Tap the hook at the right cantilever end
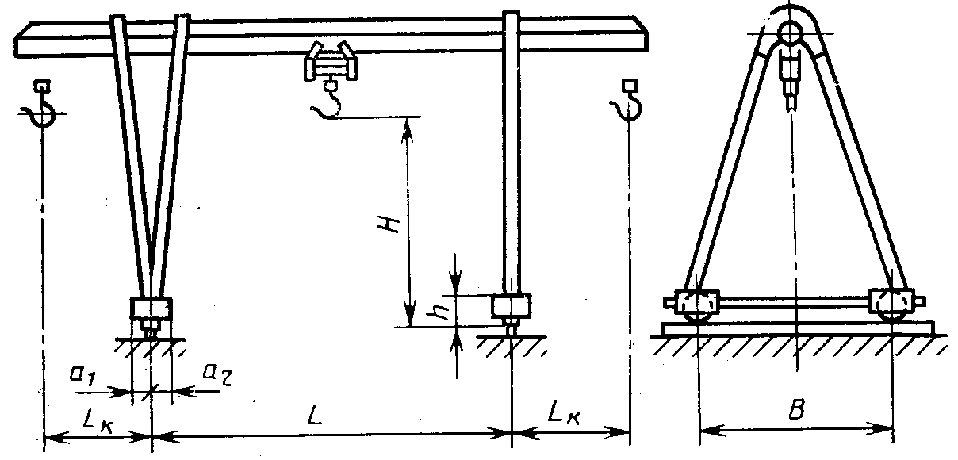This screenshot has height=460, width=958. (630, 108)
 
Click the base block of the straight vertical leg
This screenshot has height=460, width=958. (512, 305)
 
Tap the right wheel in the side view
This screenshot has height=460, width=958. (893, 304)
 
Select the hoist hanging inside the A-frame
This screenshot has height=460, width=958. (792, 75)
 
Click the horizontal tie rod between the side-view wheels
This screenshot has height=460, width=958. (795, 302)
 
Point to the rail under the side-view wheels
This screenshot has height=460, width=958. (795, 328)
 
